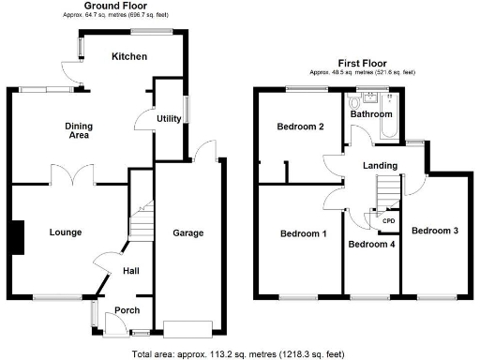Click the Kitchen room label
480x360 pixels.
coord(129,57)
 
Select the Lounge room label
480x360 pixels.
coord(65,232)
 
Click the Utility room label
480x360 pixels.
coord(169,119)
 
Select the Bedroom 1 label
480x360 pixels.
coord(303,233)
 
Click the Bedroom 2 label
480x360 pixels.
coord(300,127)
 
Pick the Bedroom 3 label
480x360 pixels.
coord(434,231)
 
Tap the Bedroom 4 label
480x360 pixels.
coord(370,245)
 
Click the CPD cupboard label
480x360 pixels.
coord(388,220)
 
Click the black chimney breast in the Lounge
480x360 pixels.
coord(16,236)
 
